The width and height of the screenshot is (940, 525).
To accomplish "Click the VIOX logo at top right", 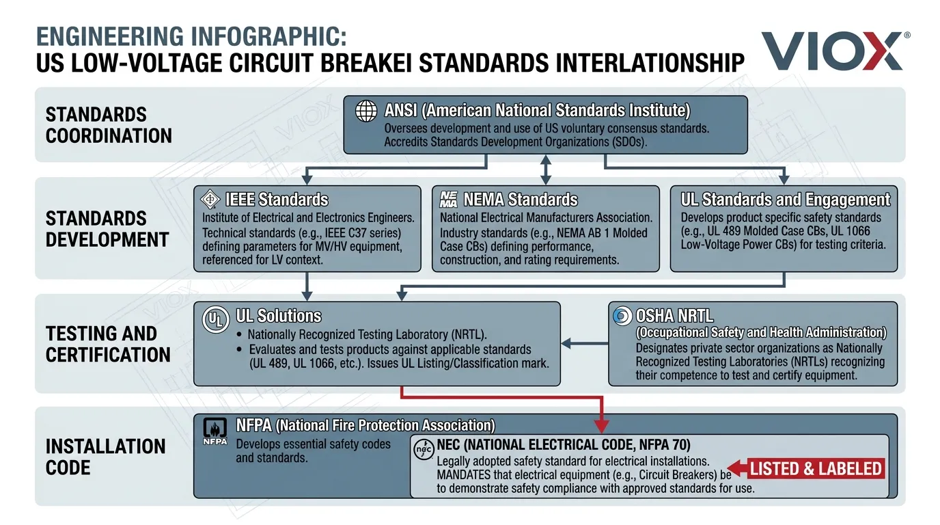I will click(x=834, y=51).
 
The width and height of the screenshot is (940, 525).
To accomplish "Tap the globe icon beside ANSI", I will click(x=367, y=111).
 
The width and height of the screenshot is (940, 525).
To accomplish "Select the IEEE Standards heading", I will click(x=277, y=200).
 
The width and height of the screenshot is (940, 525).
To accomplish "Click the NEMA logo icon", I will click(x=449, y=199).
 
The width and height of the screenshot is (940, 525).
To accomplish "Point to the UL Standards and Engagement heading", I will click(x=786, y=200).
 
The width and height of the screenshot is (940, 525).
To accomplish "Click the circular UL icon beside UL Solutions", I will click(x=215, y=320).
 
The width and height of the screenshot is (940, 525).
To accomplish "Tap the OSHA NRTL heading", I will click(x=674, y=316).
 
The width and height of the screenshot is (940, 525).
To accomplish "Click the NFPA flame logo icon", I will click(x=216, y=431).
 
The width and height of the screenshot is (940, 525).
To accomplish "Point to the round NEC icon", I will click(x=424, y=450).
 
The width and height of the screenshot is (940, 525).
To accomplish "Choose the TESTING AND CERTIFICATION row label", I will click(x=108, y=344).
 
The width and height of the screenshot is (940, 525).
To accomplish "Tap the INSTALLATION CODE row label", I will click(x=105, y=457).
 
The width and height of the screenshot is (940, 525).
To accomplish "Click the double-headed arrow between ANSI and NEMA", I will click(x=545, y=170).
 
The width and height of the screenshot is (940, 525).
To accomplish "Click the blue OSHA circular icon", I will click(x=622, y=317).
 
